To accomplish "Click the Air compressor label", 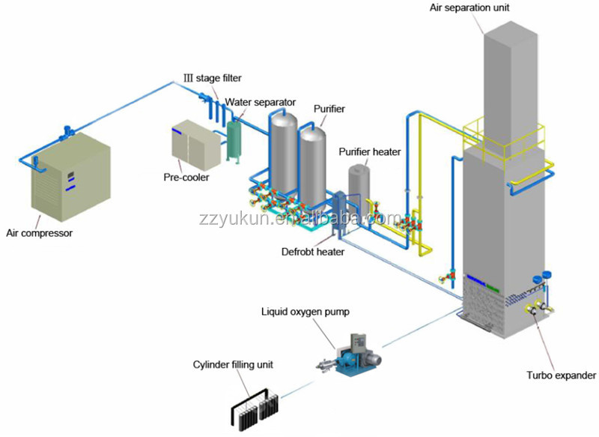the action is click(40, 233).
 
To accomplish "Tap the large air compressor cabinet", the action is click(71, 177).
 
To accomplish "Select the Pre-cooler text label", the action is click(186, 178).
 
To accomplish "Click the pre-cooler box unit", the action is click(196, 145).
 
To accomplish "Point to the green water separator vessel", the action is click(233, 141).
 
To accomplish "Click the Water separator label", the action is click(260, 103).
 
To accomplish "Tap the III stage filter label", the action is click(213, 79).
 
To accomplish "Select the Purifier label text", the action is click(329, 109).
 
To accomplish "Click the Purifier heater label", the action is click(370, 151).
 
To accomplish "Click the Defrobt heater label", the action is click(313, 252).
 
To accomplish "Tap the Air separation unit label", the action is click(469, 7).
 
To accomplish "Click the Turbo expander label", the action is click(561, 376).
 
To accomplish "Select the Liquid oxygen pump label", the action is click(305, 312).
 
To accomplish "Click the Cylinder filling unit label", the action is click(233, 365).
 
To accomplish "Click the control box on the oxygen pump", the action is click(359, 344).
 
